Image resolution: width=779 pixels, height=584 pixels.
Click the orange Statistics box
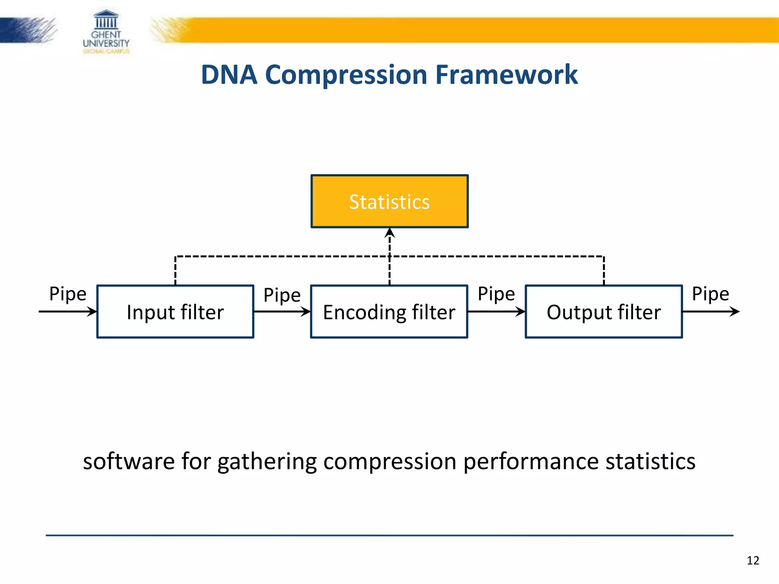tap(389, 202)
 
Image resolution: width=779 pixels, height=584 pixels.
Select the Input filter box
tap(175, 312)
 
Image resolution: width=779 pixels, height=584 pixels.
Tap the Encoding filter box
tap(389, 312)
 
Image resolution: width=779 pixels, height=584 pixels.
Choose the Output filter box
tap(604, 312)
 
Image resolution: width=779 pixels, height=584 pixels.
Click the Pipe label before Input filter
tap(68, 294)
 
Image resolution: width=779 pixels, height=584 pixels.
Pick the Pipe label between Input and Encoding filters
tap(282, 295)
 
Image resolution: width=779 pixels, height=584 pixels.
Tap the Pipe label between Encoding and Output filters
tap(496, 294)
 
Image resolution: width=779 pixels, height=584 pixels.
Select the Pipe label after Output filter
tap(710, 294)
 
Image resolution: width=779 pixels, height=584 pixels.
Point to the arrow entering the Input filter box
tap(68, 312)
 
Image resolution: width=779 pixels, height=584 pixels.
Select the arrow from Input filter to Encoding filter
tap(282, 312)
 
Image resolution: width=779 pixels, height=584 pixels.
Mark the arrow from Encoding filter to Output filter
tap(496, 312)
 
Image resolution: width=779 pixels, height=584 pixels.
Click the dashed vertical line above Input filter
tap(175, 271)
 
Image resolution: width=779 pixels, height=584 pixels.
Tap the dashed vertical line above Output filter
tap(604, 271)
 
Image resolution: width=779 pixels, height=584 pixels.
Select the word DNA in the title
tap(229, 75)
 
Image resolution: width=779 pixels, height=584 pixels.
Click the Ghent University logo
tap(106, 32)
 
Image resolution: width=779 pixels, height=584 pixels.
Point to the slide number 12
tap(753, 560)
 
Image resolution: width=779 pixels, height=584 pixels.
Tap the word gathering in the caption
tap(267, 462)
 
